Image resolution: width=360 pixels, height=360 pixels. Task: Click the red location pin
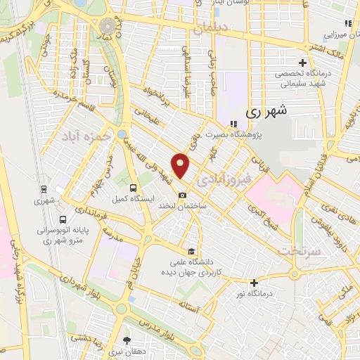[x=181, y=165]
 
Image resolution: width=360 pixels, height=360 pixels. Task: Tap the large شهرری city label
[x=268, y=111]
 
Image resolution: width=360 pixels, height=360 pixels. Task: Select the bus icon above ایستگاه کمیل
[x=133, y=188]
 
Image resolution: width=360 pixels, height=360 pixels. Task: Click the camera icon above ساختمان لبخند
[x=183, y=195]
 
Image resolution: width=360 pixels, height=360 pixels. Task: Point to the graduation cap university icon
[x=191, y=252]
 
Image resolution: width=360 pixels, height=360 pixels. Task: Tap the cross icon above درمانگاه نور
[x=254, y=282]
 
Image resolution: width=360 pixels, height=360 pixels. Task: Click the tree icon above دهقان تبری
[x=127, y=339]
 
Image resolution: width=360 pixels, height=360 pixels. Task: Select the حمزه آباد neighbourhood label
[x=86, y=135]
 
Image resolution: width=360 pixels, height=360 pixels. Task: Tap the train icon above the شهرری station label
[x=44, y=188]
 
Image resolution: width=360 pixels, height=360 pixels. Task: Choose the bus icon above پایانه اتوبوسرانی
[x=63, y=219]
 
